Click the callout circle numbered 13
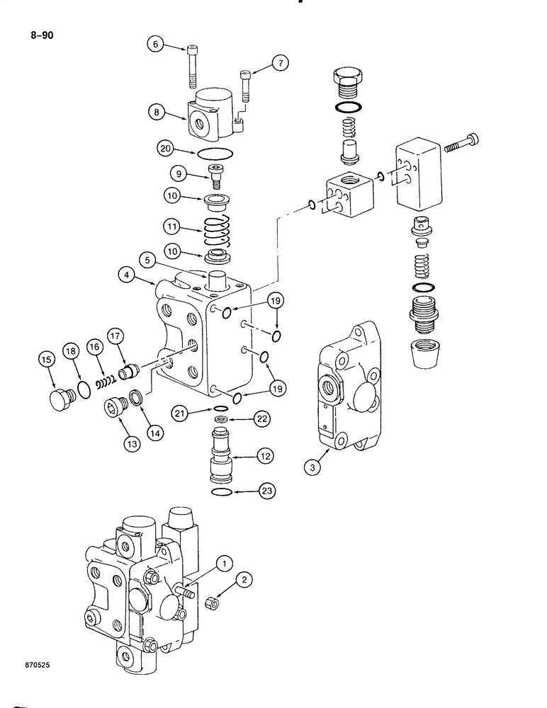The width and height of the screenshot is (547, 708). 131,444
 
